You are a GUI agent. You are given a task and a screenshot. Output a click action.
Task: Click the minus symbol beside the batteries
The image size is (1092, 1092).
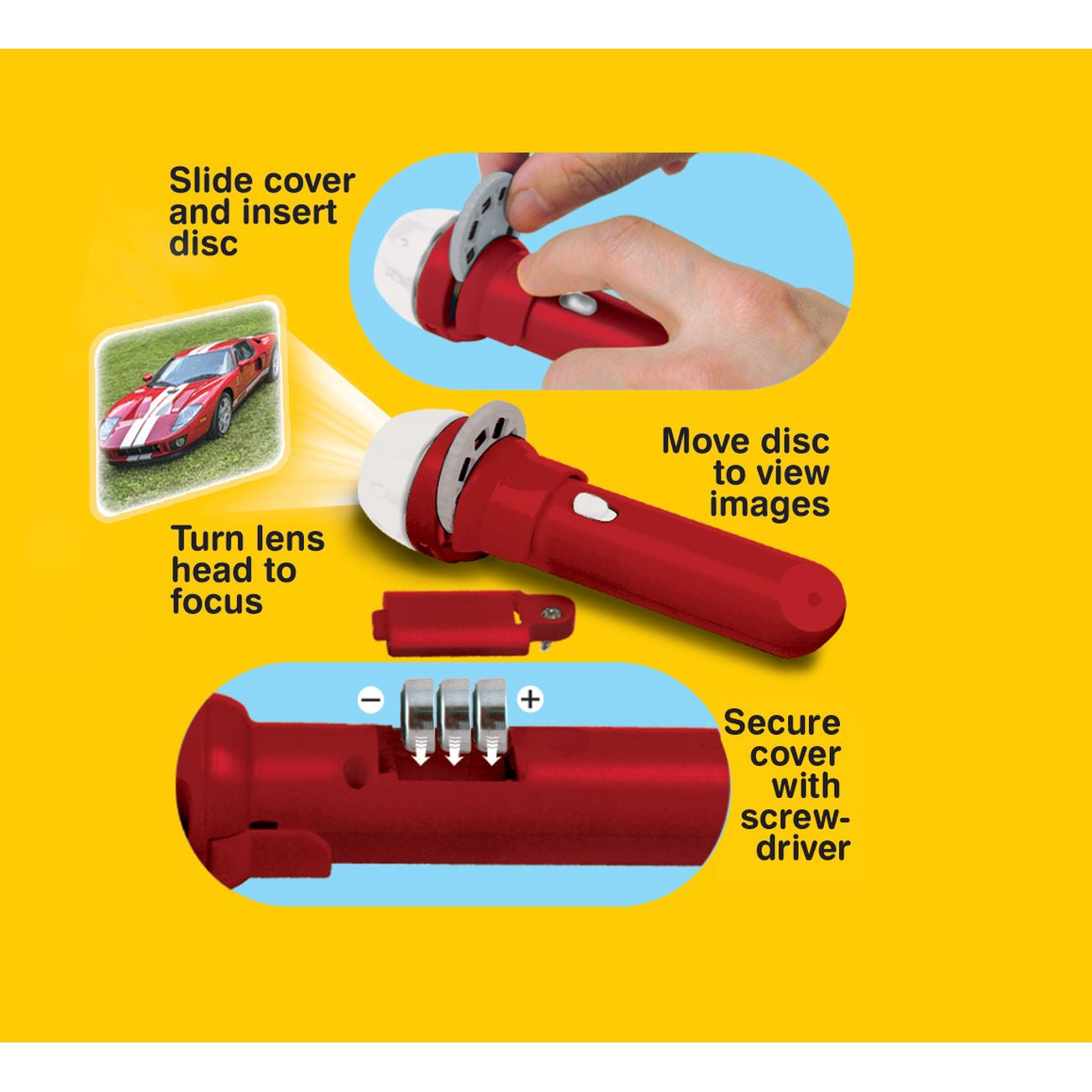(x=371, y=701)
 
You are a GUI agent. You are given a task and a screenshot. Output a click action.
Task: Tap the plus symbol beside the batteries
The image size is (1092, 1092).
(x=530, y=700)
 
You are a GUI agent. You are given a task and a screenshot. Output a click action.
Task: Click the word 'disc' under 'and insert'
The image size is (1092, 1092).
(x=203, y=243)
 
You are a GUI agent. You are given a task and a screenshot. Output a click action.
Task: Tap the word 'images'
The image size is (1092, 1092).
(x=769, y=505)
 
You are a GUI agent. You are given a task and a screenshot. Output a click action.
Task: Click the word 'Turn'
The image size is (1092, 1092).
(x=207, y=538)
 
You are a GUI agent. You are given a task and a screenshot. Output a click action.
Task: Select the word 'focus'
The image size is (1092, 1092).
(x=217, y=601)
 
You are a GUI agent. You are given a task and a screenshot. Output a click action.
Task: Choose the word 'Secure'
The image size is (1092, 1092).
(x=781, y=722)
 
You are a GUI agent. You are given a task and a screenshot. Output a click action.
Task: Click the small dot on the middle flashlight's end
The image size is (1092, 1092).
(x=813, y=598)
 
